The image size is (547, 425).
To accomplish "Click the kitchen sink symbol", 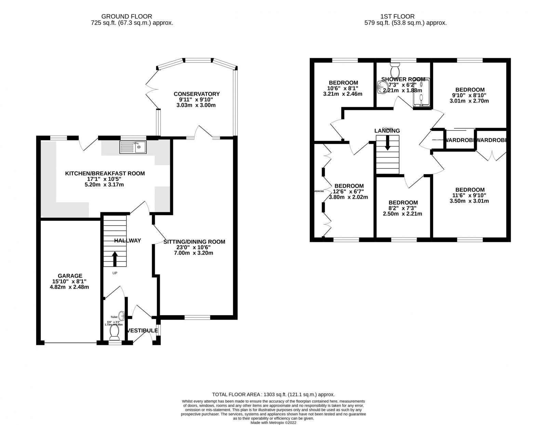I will click(133, 147).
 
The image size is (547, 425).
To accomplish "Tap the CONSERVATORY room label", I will click(197, 94).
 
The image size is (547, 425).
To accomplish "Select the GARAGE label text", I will click(70, 275).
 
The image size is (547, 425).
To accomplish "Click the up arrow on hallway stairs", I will click(115, 259).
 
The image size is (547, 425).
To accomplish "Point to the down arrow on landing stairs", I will click(387, 143).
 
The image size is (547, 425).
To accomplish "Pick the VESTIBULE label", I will click(142, 331).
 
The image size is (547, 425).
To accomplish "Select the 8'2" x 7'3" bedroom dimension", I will click(402, 208).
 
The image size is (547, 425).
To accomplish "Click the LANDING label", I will click(387, 131).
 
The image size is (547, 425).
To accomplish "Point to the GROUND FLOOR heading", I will click(126, 16).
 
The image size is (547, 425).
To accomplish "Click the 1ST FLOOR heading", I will click(397, 16).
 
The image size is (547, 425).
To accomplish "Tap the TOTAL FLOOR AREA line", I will click(273, 394).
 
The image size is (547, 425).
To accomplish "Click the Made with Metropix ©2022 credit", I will click(273, 423).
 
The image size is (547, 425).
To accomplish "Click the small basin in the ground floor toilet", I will click(121, 314).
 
